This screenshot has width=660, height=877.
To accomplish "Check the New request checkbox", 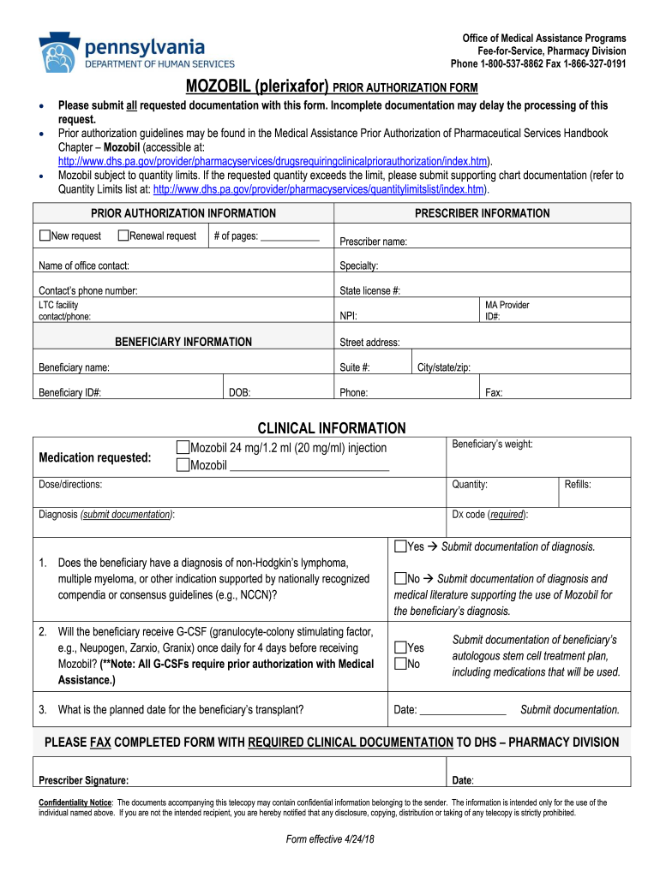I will tap(45, 236).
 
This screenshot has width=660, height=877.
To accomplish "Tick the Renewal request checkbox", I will tap(123, 236).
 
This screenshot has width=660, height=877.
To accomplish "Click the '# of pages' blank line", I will tap(289, 238).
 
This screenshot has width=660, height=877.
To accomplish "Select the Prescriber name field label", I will tap(373, 242).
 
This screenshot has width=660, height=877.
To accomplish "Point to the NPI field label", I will tap(349, 316).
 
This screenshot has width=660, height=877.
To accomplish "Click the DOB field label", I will tap(240, 393).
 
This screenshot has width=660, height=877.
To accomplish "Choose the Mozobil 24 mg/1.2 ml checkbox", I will tap(182, 448).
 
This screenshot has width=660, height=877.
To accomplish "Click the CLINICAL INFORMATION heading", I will tap(332, 428).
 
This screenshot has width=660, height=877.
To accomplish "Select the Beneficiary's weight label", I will tap(492, 444).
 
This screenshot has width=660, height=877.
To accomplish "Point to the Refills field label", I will tap(578, 485).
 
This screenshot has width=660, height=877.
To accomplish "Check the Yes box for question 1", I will tap(400, 546).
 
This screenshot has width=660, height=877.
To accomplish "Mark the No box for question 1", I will tap(400, 579).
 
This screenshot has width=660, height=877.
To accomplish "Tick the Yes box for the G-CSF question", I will tap(400, 647).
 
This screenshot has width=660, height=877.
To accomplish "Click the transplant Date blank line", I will tap(462, 711).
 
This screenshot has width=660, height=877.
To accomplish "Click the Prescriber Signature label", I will tap(84, 780).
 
